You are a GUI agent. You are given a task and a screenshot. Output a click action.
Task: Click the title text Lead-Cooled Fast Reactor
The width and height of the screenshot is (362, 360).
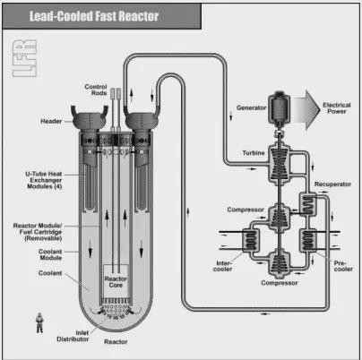coord(94,16)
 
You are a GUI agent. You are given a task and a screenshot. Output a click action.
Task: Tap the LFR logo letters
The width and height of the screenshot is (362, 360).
coord(24,58)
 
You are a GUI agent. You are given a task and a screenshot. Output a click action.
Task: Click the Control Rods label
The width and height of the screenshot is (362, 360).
coord(96,90)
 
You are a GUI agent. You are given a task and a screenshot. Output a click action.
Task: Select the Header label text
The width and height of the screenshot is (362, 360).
coord(51,121)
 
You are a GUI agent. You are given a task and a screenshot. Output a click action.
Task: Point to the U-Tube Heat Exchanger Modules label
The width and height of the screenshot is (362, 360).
coord(44,180)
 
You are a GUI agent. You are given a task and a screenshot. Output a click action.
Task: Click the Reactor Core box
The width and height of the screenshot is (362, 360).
coord(116,281)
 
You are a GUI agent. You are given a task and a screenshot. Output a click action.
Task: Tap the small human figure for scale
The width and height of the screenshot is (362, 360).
coord(39,322)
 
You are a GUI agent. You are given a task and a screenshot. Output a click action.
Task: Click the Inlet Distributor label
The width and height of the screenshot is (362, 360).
coord(73,336)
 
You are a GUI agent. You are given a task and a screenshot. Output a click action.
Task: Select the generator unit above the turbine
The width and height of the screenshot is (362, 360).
coord(279,108)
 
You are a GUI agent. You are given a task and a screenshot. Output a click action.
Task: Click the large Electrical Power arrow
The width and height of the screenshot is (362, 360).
coord(308,110)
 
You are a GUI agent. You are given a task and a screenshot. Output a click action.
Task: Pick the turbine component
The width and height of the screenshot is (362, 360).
coord(280,163)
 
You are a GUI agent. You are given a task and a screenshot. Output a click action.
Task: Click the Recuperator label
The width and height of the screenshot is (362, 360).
coord(332,184)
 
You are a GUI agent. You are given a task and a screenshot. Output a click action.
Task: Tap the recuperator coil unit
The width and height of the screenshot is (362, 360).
coord(307,204)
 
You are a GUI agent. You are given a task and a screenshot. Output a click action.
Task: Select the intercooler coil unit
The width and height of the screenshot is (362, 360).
coord(250,240)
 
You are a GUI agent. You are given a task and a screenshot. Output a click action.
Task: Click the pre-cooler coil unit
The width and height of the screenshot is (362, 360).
coord(307,240)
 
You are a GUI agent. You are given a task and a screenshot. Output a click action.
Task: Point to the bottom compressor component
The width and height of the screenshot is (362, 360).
coord(280,263)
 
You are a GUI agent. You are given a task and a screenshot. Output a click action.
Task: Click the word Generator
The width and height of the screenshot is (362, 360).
coord(251,107)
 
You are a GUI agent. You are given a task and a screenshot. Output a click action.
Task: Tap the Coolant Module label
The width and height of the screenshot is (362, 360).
coord(50,254)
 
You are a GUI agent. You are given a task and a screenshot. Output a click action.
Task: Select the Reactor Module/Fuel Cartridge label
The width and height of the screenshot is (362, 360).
coord(38,232)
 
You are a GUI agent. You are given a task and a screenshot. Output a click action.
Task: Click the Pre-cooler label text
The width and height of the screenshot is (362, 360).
coord(343,266)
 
